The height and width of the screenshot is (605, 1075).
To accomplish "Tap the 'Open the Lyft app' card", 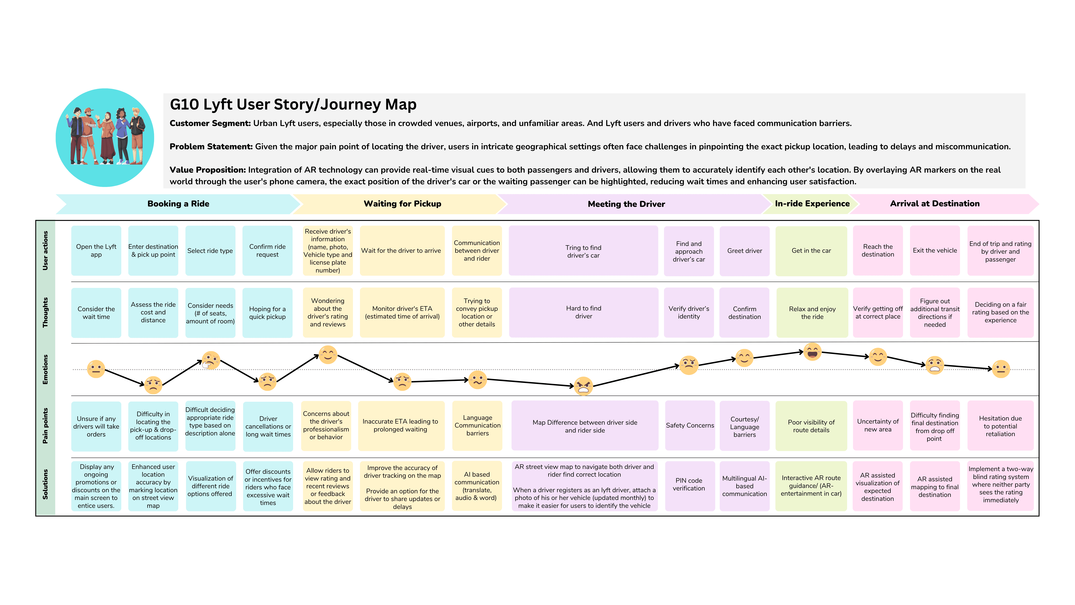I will [x=96, y=251].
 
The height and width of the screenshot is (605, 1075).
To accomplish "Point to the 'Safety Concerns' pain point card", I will [x=689, y=425].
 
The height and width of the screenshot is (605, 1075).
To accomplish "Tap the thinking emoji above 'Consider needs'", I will [x=211, y=360].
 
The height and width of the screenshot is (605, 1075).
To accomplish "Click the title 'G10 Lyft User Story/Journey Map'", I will [x=293, y=104].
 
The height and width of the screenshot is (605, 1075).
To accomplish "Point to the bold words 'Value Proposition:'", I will [x=207, y=170].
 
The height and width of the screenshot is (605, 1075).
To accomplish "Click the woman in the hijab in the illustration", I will [x=107, y=138].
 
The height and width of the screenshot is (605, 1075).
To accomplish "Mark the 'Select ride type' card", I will [x=210, y=251].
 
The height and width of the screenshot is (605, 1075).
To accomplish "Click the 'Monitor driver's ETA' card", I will [x=402, y=312].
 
